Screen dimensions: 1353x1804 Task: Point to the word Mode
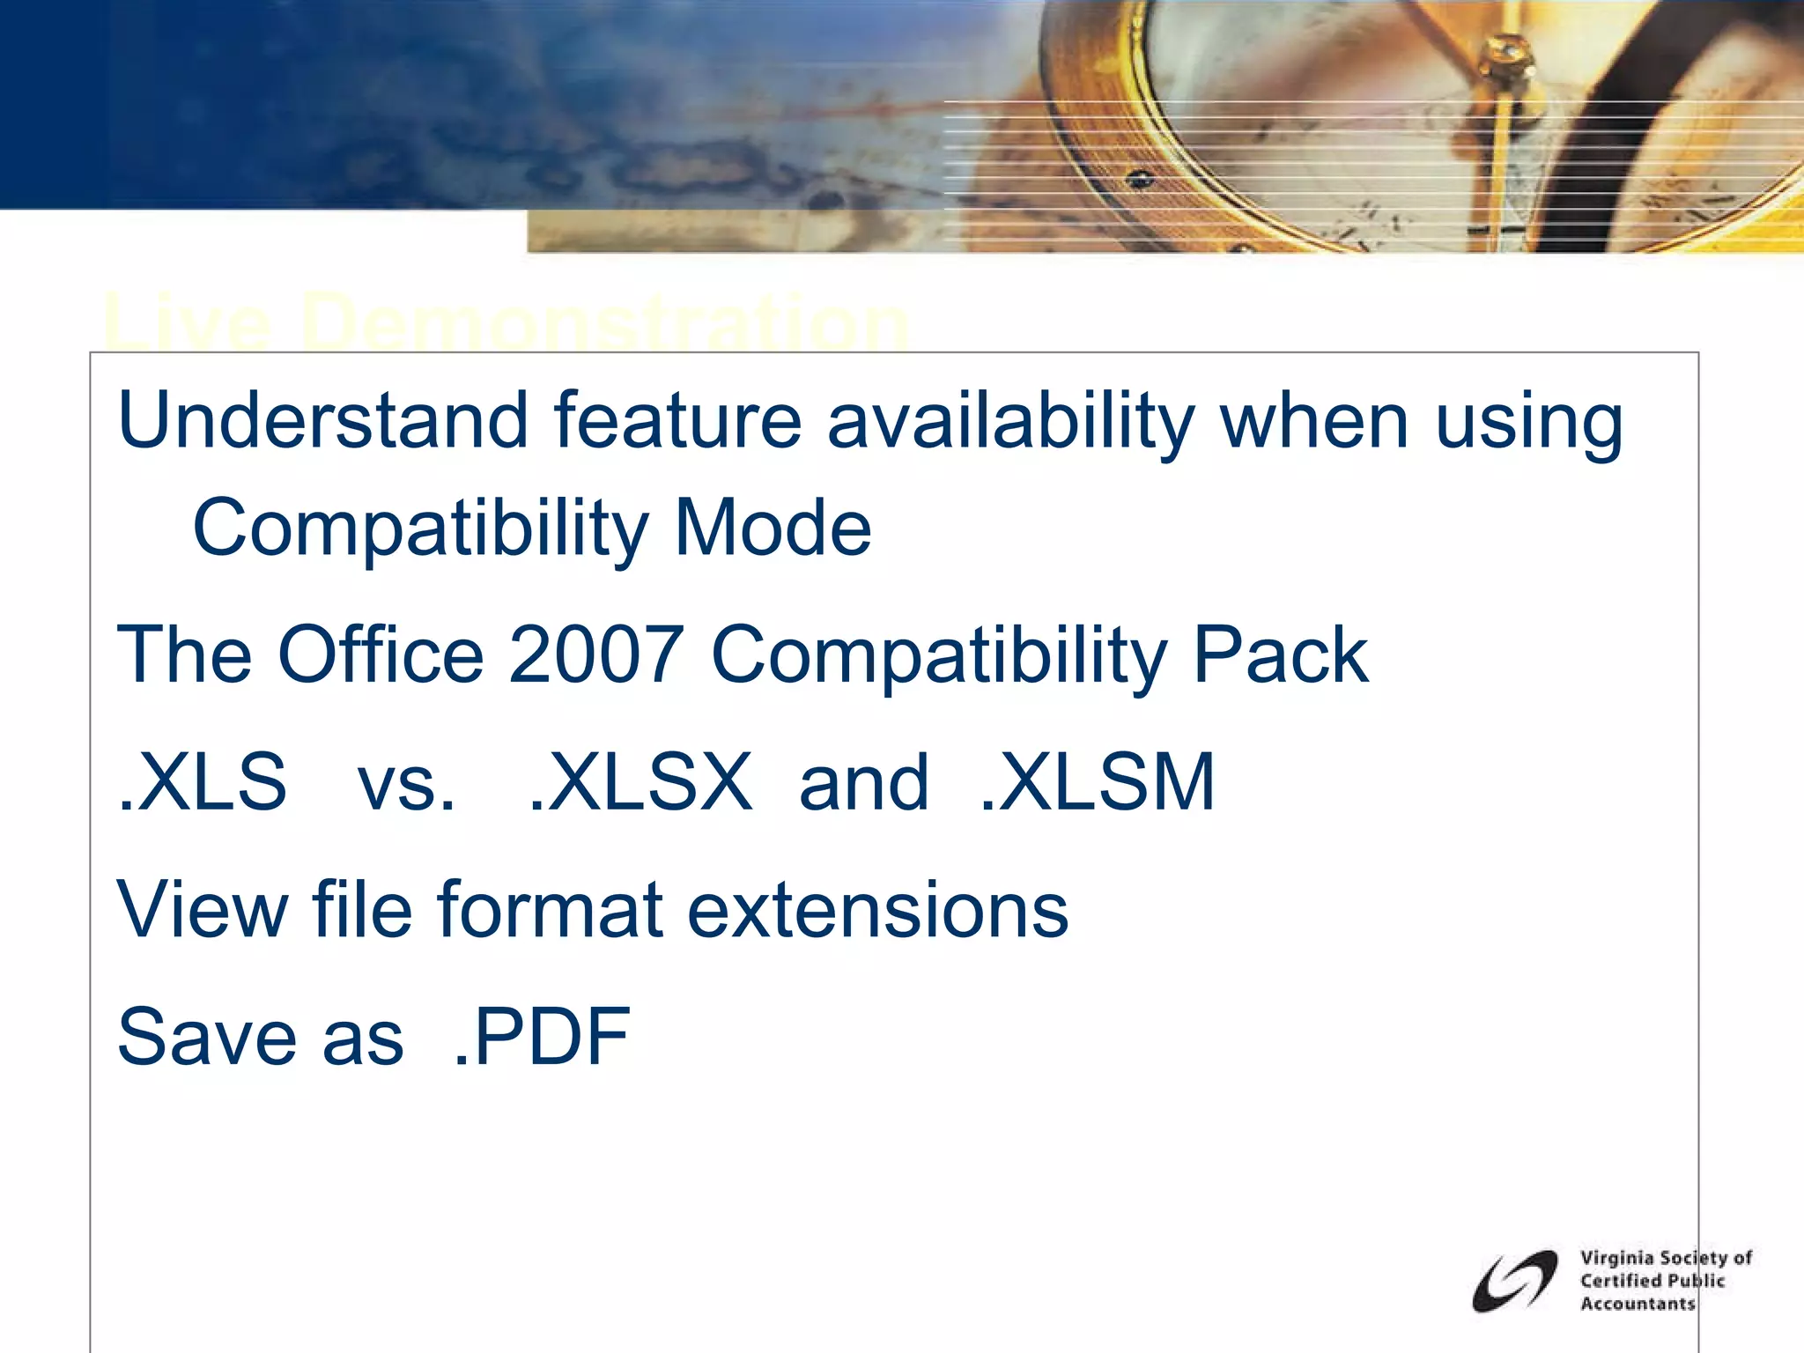coord(773,528)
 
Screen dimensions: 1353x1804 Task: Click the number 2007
coord(596,654)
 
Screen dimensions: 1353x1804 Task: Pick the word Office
coord(381,654)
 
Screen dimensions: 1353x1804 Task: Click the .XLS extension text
coord(203,782)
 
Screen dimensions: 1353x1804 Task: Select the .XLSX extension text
coord(640,782)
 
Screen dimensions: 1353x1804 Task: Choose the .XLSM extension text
coord(1098,782)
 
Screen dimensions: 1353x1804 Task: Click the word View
coord(203,909)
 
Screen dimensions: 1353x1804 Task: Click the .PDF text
coord(542,1037)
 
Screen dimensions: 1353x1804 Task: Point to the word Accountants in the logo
coord(1638,1304)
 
